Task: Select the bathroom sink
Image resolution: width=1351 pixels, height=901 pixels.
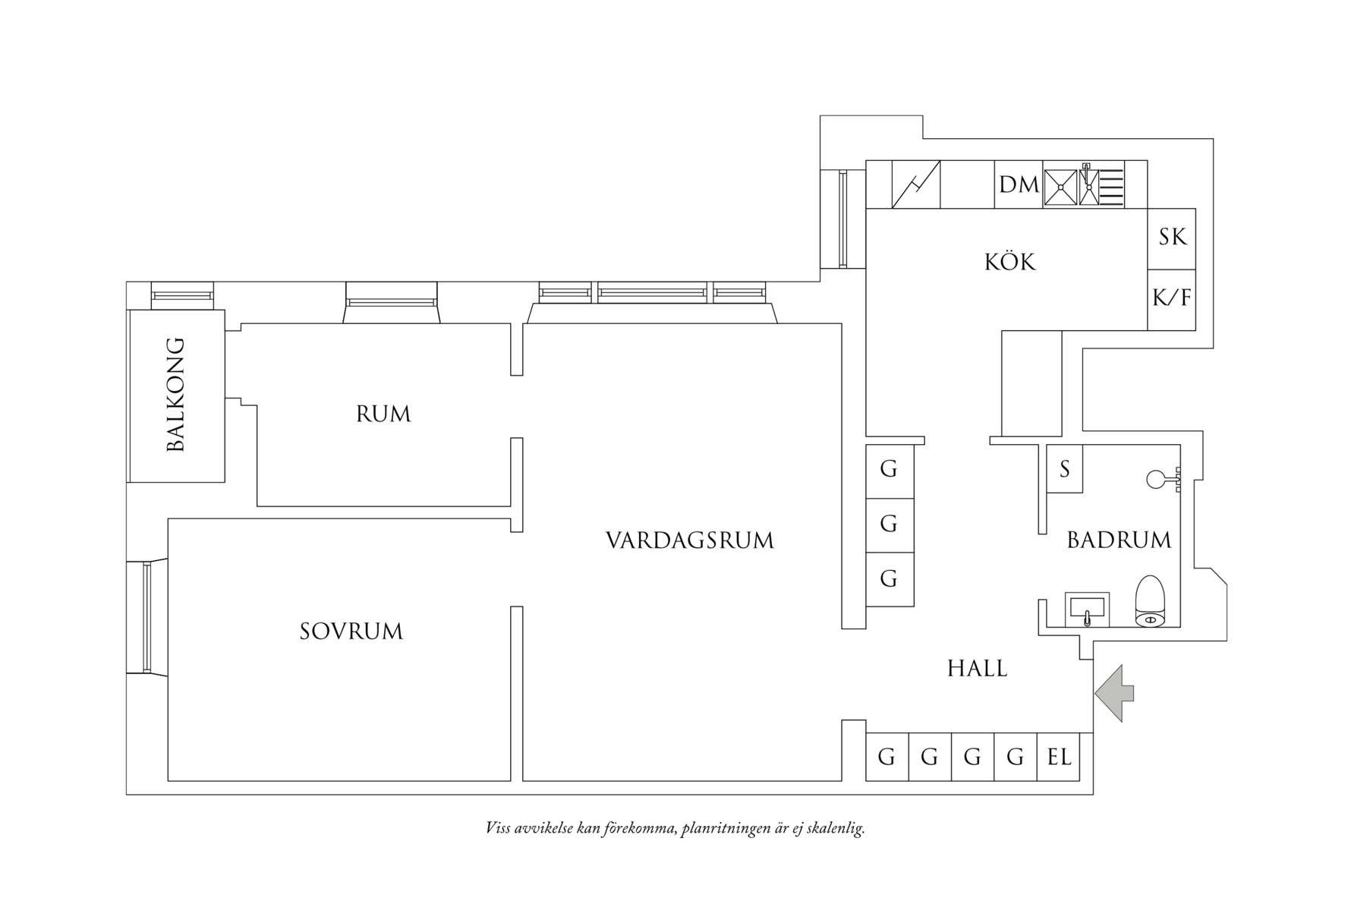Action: tap(1088, 610)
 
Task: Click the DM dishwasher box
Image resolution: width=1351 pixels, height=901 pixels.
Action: tap(1019, 184)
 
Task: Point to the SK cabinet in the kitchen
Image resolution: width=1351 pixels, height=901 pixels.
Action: tap(1172, 238)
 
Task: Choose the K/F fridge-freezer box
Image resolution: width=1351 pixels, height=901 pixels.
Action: tap(1172, 299)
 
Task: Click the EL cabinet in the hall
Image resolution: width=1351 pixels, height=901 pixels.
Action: tap(1060, 757)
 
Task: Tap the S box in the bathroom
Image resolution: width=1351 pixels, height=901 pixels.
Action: tap(1065, 470)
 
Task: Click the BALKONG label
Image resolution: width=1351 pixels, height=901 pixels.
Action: tap(176, 395)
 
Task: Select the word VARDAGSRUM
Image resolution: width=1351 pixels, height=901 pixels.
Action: tap(690, 541)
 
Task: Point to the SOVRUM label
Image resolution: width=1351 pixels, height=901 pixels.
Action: tap(351, 632)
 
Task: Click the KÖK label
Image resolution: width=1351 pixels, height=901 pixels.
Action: tap(1010, 263)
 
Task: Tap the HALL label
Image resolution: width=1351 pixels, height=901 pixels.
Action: tap(978, 669)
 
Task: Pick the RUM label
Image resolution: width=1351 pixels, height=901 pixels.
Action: tap(383, 414)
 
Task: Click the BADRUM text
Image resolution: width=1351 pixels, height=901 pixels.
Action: tap(1119, 540)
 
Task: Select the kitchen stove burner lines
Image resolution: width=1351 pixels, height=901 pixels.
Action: tap(1112, 185)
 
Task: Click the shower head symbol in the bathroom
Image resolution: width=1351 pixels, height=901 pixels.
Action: tap(1157, 479)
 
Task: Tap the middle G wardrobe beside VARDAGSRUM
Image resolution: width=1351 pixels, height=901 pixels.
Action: tap(889, 524)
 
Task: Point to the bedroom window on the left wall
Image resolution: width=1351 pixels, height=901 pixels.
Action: tap(146, 617)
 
